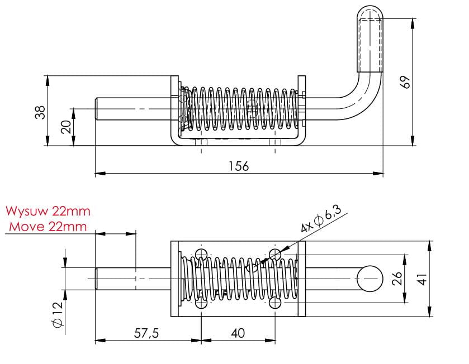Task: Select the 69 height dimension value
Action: coord(406,82)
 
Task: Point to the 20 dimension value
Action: coord(66,126)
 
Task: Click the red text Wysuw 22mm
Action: coord(48,212)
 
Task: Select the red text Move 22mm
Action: coord(48,226)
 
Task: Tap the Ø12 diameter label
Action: coord(56,316)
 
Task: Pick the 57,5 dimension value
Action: coord(146,333)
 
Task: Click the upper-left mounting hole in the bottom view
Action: coord(202,254)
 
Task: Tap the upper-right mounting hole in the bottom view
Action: coord(274,255)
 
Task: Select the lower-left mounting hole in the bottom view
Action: coord(202,303)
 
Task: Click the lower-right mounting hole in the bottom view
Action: coord(274,303)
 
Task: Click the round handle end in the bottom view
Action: coord(369,278)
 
